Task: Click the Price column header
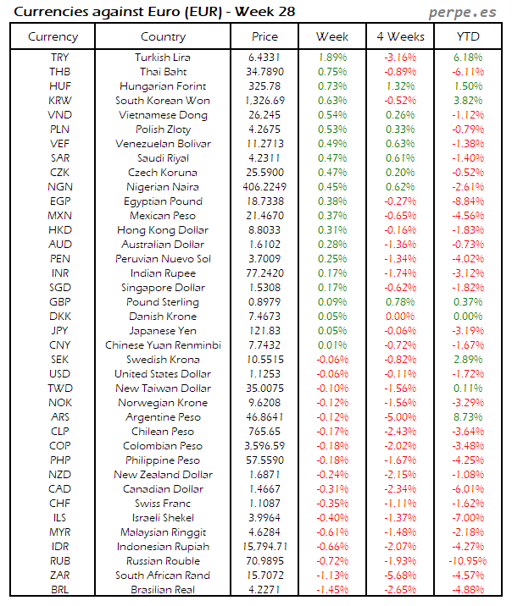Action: (264, 37)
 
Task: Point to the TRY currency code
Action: (60, 58)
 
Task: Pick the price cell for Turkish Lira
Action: (264, 58)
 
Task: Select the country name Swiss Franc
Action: (163, 503)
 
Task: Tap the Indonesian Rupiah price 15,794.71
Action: (264, 546)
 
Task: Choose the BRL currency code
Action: (60, 589)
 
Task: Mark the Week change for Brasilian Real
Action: (331, 589)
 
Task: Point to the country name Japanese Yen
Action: (163, 330)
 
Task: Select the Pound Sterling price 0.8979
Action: (264, 301)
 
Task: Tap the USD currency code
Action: (60, 373)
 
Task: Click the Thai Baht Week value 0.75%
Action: (331, 72)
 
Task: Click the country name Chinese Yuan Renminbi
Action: (163, 344)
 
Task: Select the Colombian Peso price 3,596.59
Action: (264, 445)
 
